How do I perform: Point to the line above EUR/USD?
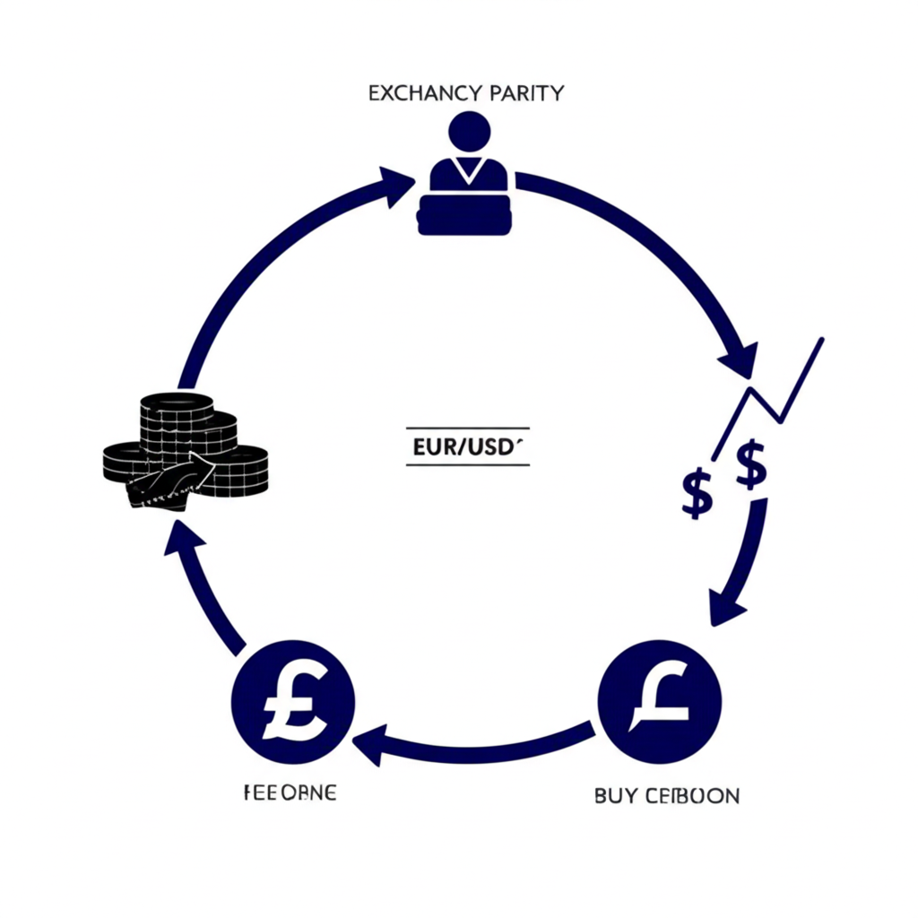[467, 429]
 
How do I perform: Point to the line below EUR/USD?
[467, 464]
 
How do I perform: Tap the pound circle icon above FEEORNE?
[293, 702]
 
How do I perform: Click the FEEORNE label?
[290, 793]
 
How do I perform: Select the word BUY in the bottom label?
[614, 795]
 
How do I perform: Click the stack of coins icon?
[188, 448]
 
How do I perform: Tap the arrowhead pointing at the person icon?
[397, 185]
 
